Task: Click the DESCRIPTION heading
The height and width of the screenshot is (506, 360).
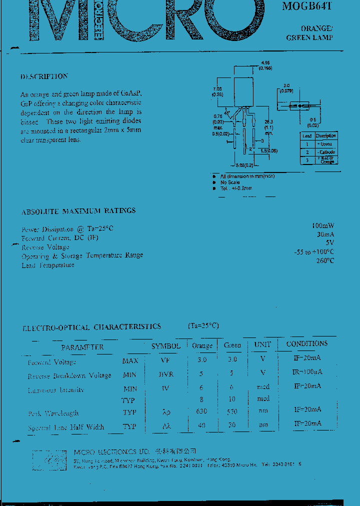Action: tap(44, 76)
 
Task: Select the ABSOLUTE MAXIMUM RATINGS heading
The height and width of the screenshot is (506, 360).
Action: tap(78, 211)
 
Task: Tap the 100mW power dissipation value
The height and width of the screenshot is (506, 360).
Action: tap(322, 225)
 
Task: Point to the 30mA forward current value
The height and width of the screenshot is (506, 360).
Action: tap(325, 234)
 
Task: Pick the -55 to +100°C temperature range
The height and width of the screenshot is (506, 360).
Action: tap(314, 251)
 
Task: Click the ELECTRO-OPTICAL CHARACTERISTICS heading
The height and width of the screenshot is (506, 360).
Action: tap(91, 327)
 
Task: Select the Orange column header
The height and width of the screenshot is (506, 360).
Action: tap(202, 345)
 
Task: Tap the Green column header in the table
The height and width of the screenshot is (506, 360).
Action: tap(232, 345)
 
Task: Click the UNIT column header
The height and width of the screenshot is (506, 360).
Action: tap(262, 344)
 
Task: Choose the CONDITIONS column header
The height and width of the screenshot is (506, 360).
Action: tap(307, 343)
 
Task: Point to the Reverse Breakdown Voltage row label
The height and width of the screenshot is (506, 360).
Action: tap(69, 375)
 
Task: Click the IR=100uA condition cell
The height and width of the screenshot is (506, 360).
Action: tap(307, 372)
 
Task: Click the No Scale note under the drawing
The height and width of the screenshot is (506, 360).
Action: tap(230, 182)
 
